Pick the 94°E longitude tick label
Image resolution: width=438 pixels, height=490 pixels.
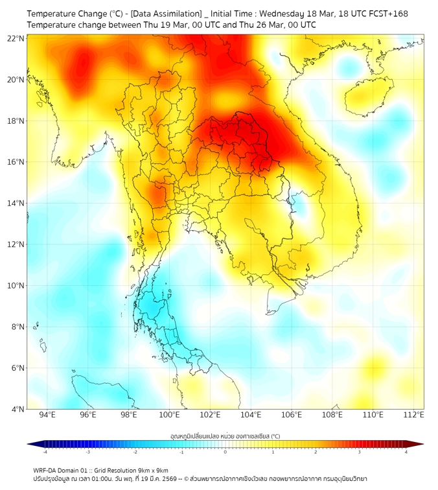coord(47,415)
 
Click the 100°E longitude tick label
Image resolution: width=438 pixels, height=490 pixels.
coord(169,415)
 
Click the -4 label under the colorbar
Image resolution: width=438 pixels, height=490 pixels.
coord(44,452)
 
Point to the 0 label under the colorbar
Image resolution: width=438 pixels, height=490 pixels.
coord(225,452)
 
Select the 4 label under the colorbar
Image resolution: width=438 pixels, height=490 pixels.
coord(406,452)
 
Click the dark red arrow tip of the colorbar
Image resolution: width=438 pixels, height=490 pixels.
coord(419,444)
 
